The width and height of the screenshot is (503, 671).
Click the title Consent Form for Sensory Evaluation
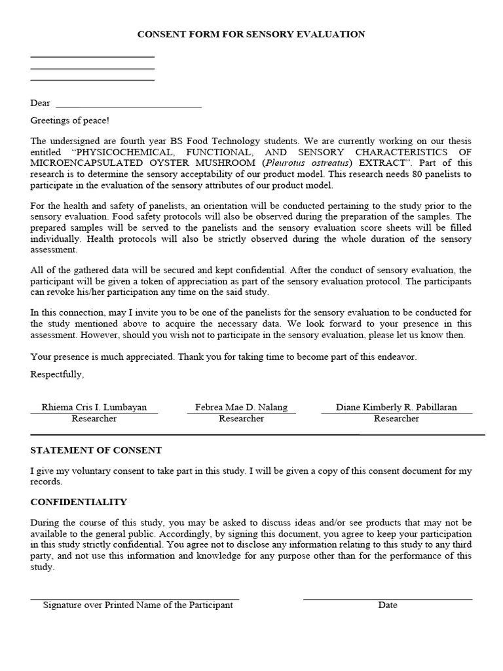(251, 34)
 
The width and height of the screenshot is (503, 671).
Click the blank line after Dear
(128, 106)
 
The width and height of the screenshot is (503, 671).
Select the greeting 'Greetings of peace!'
(70, 121)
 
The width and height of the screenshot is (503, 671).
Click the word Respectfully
(57, 374)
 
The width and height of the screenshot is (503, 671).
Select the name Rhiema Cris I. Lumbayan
(94, 407)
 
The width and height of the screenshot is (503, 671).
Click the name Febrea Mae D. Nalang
(241, 407)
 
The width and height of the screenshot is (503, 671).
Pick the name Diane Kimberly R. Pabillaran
(396, 407)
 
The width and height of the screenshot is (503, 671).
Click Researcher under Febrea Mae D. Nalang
(241, 419)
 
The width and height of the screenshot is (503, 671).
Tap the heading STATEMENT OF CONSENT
(96, 451)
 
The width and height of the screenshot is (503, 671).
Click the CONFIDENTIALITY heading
(79, 502)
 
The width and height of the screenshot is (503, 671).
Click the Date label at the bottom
(388, 605)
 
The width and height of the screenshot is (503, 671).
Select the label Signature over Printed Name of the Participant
(138, 605)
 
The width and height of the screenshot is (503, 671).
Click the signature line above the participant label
(135, 599)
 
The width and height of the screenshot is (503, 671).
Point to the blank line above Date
(388, 599)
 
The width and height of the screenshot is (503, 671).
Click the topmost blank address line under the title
(92, 57)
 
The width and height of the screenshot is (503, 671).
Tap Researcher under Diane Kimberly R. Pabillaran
(396, 419)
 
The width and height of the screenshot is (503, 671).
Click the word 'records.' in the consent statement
(46, 481)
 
